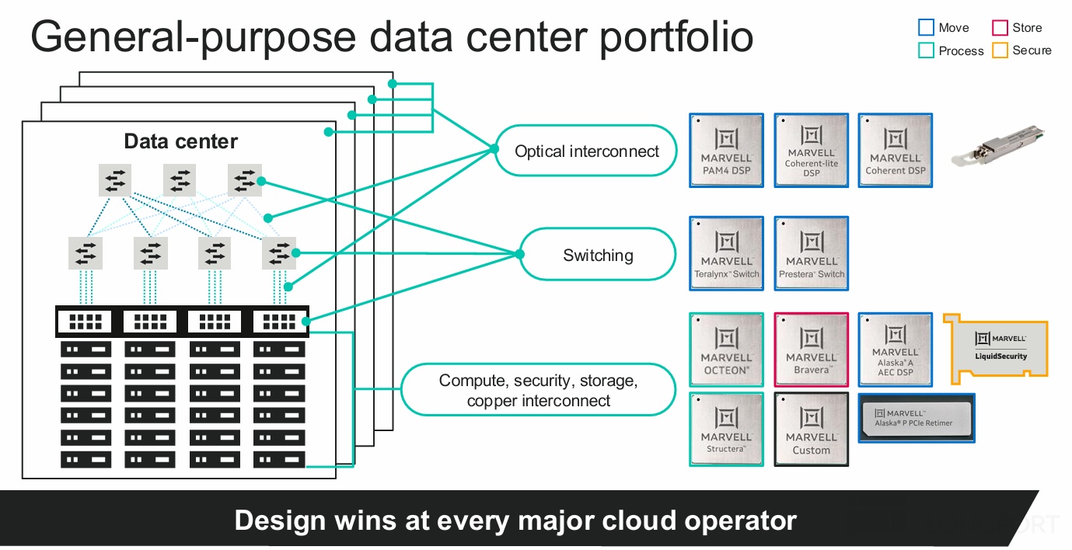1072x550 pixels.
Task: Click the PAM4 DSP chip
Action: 726,150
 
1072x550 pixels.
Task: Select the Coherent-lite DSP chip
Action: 811,150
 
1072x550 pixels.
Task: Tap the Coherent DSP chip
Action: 895,150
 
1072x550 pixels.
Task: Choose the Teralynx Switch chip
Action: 726,253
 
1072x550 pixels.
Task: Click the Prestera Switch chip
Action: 811,253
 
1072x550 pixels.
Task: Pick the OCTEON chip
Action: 726,350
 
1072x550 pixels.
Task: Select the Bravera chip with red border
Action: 811,350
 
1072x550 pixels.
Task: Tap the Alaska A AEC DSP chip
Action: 895,350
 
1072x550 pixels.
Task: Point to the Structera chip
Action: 726,429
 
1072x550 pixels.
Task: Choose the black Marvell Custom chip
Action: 811,429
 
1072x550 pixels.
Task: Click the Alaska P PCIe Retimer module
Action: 916,418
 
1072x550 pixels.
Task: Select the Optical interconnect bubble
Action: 586,151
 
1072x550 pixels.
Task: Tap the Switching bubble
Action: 597,254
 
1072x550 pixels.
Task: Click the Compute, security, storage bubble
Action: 538,390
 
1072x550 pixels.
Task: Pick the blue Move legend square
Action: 925,28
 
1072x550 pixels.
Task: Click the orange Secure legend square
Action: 999,50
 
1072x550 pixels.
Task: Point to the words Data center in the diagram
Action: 180,141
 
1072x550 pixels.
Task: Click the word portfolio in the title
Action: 676,37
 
